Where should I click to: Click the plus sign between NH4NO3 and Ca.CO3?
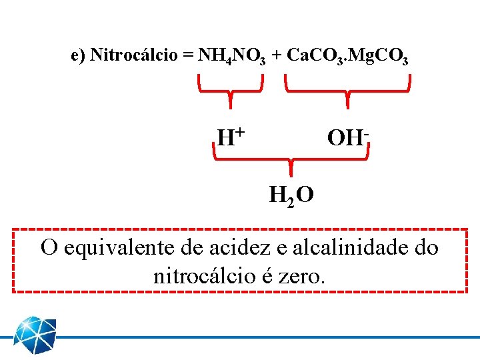pyautogui.click(x=276, y=55)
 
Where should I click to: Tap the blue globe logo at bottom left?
pyautogui.click(x=35, y=337)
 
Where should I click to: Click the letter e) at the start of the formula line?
pyautogui.click(x=78, y=55)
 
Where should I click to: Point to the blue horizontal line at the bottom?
pyautogui.click(x=267, y=337)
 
